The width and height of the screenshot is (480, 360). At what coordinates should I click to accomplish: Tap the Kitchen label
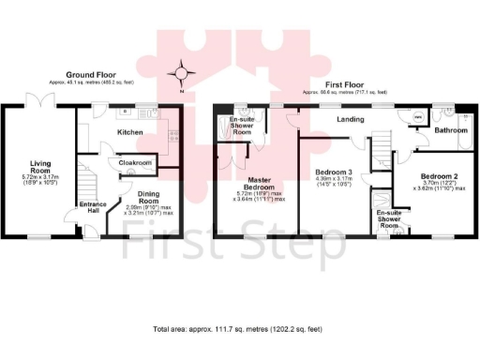point(129,133)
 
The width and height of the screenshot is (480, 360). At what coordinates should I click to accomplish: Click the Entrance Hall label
point(91,208)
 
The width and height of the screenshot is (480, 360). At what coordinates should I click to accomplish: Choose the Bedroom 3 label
point(333,173)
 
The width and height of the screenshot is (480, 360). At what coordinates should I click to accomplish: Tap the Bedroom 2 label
point(438,177)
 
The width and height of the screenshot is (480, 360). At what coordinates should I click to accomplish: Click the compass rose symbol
point(182,71)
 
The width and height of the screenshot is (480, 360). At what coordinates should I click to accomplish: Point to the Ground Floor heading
point(90,74)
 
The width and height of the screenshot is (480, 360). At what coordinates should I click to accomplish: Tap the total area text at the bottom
point(239,330)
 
